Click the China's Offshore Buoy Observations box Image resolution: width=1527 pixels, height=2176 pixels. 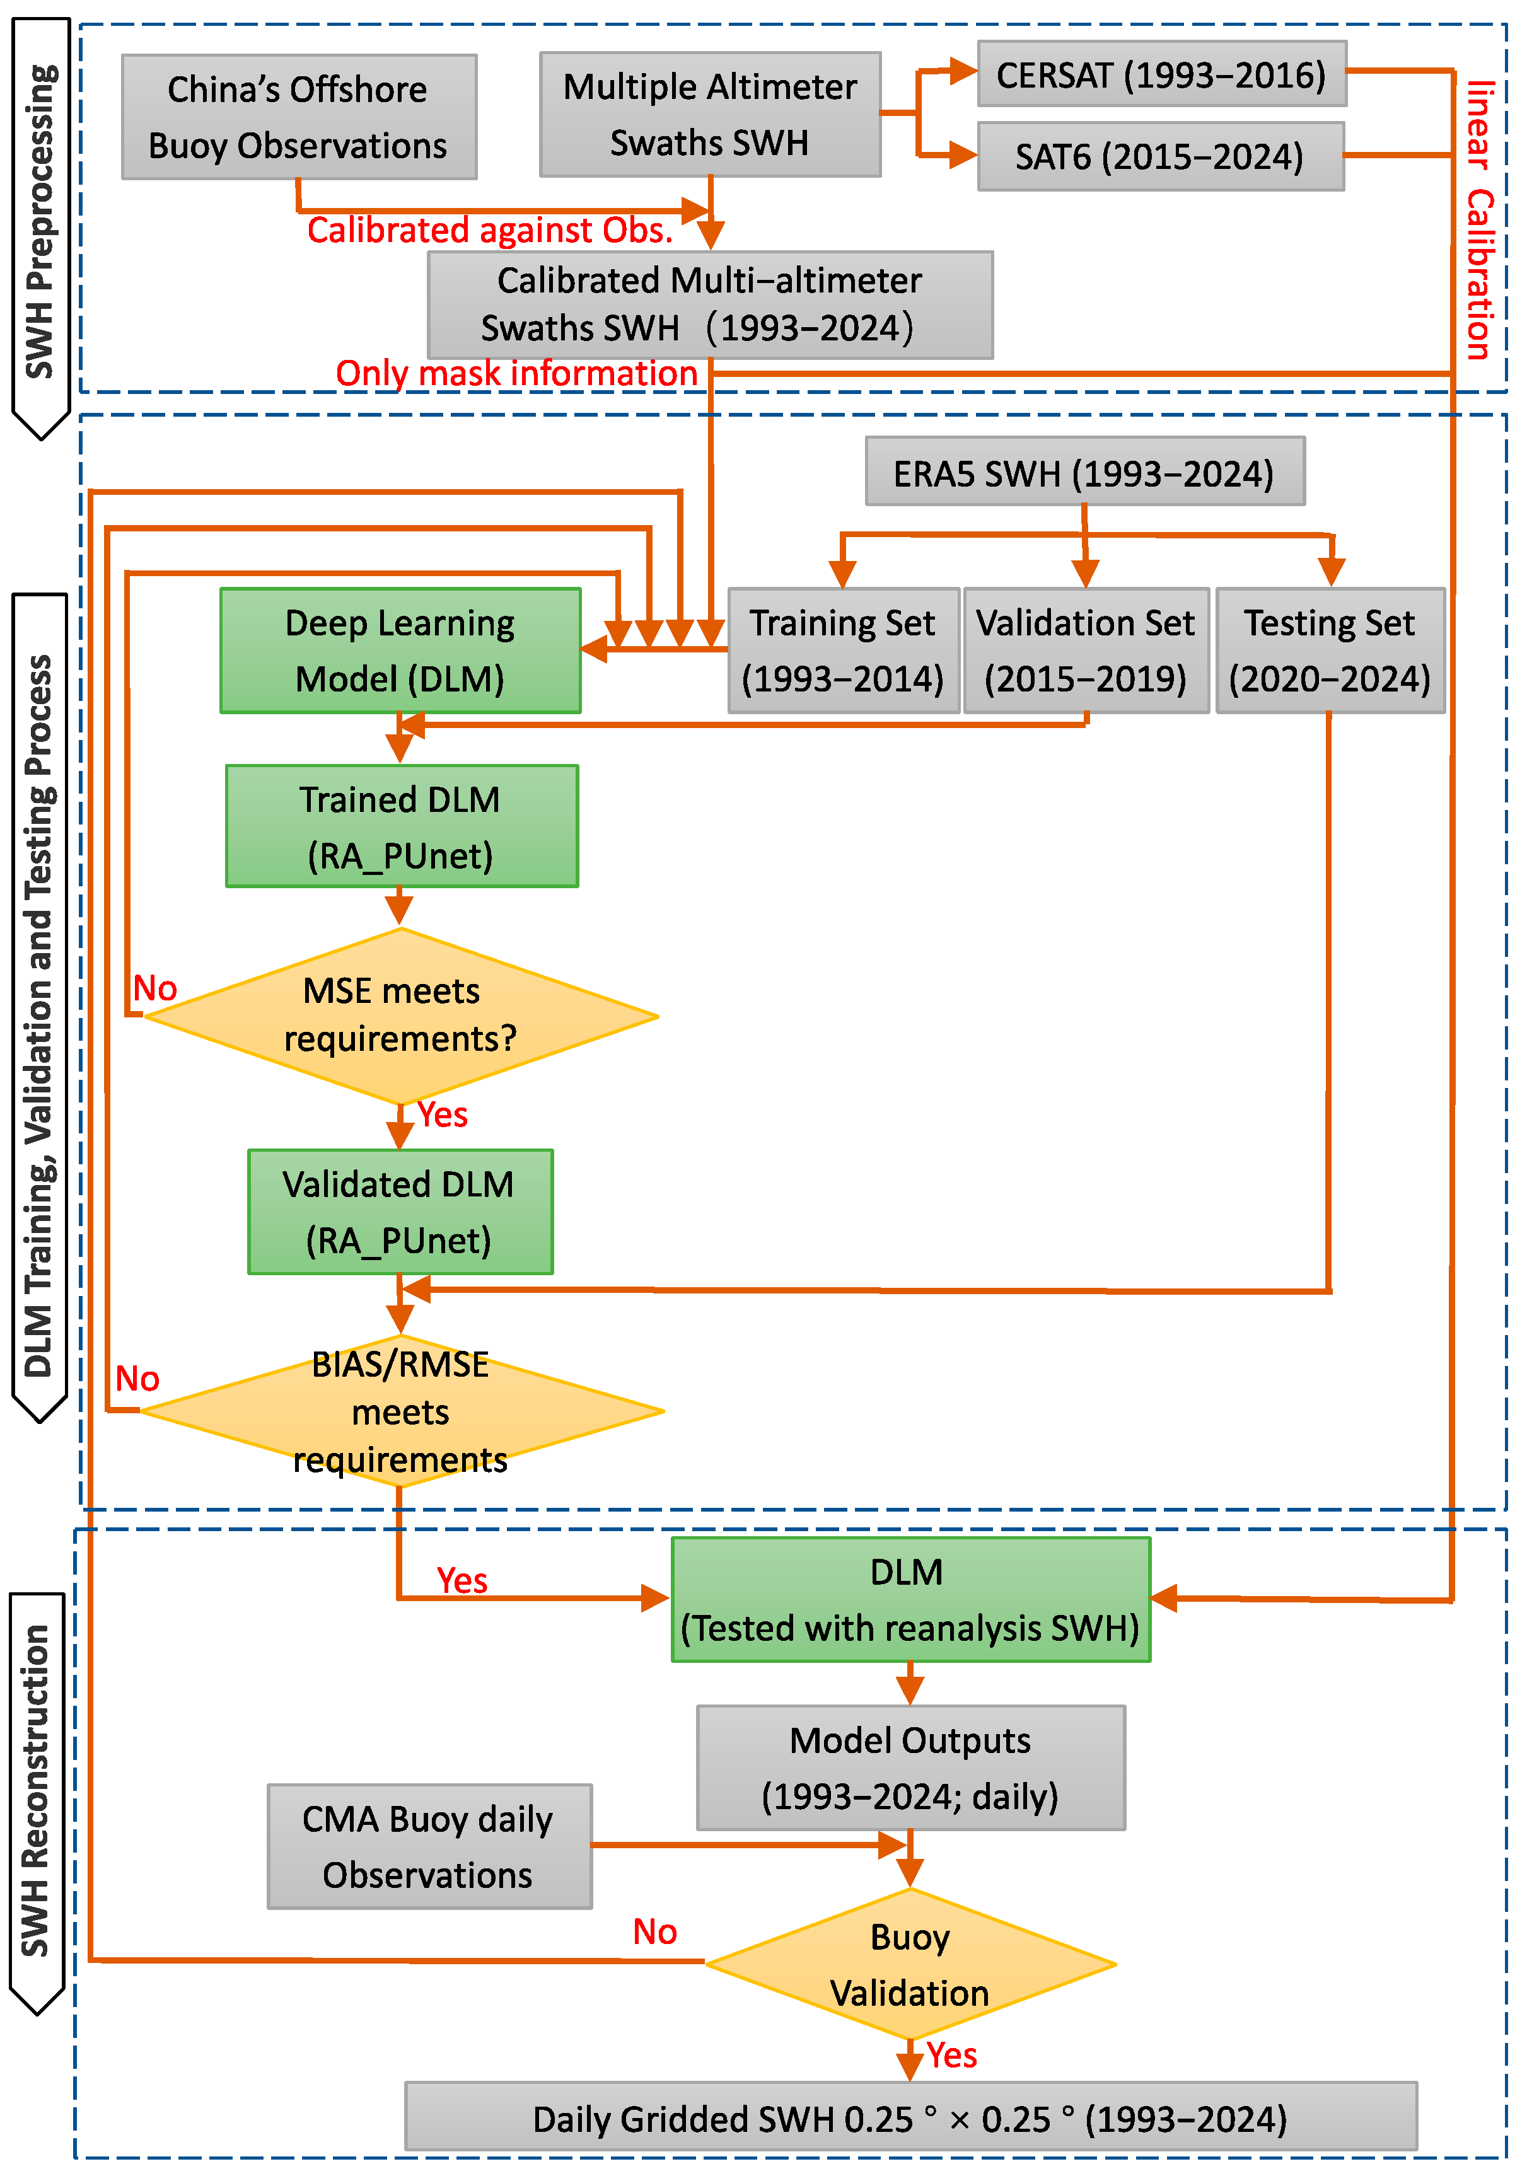pyautogui.click(x=299, y=117)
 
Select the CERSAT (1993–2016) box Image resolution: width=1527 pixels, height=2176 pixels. pyautogui.click(x=1161, y=74)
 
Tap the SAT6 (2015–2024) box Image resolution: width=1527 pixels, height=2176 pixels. pyautogui.click(x=1160, y=156)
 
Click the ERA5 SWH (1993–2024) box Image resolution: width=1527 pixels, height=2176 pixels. pyautogui.click(x=1084, y=472)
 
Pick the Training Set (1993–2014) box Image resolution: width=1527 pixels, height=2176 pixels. pyautogui.click(x=843, y=650)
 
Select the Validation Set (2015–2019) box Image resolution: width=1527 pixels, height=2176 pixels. pyautogui.click(x=1085, y=650)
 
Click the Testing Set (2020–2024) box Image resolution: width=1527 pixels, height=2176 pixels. pyautogui.click(x=1330, y=650)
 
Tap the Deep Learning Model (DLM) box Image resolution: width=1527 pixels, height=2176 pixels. pyautogui.click(x=400, y=650)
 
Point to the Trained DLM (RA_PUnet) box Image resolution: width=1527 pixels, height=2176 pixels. pyautogui.click(x=401, y=826)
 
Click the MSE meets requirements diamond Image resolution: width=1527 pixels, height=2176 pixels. pyautogui.click(x=401, y=1016)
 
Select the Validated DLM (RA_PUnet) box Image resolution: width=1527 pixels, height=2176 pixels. pyautogui.click(x=400, y=1211)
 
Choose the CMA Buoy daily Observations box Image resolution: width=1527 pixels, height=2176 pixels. pyautogui.click(x=429, y=1846)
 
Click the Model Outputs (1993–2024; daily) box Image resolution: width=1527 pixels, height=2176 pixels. pyautogui.click(x=910, y=1768)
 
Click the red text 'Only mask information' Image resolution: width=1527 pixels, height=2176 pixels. pyautogui.click(x=516, y=373)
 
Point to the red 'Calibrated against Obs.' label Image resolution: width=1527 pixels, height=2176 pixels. pyautogui.click(x=489, y=230)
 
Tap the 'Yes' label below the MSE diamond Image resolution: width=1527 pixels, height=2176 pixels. pyautogui.click(x=443, y=1114)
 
